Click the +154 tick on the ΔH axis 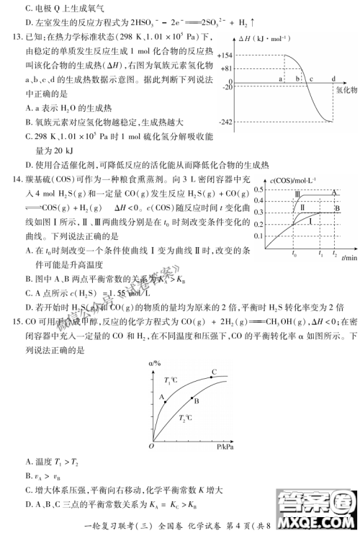(x=226, y=55)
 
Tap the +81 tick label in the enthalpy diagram (x=228, y=68)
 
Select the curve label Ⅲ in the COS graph (x=298, y=195)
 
